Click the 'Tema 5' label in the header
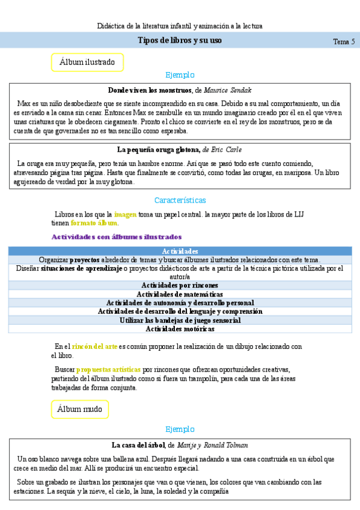coord(344,41)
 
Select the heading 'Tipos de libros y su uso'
coord(180,40)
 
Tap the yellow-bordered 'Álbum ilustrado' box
coord(87,62)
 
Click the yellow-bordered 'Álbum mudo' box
coord(80,410)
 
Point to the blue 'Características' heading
coord(180,200)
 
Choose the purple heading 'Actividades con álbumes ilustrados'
coord(117,237)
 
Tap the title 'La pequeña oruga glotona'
coord(157,149)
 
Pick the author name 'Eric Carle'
coord(228,149)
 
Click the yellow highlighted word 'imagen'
coord(126,214)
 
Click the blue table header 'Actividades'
coord(180,251)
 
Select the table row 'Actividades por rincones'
coord(180,285)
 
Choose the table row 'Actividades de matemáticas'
coord(180,294)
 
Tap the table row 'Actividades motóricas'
coord(180,329)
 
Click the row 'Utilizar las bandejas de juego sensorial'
coord(180,321)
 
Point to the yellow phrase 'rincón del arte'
coord(94,346)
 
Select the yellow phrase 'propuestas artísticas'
coord(109,369)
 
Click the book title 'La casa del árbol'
coord(139,445)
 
